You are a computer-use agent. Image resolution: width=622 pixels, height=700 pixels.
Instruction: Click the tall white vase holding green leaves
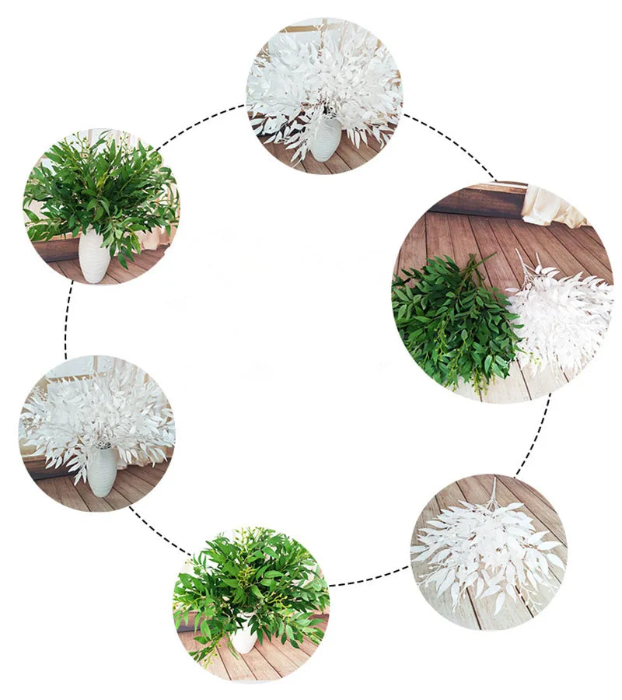click(94, 256)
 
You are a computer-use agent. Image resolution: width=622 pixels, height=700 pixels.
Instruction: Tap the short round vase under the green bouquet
click(244, 638)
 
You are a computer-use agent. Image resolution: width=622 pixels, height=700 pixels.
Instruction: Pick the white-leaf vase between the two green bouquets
click(101, 470)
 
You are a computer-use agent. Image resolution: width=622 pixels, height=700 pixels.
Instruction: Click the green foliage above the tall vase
click(101, 191)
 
